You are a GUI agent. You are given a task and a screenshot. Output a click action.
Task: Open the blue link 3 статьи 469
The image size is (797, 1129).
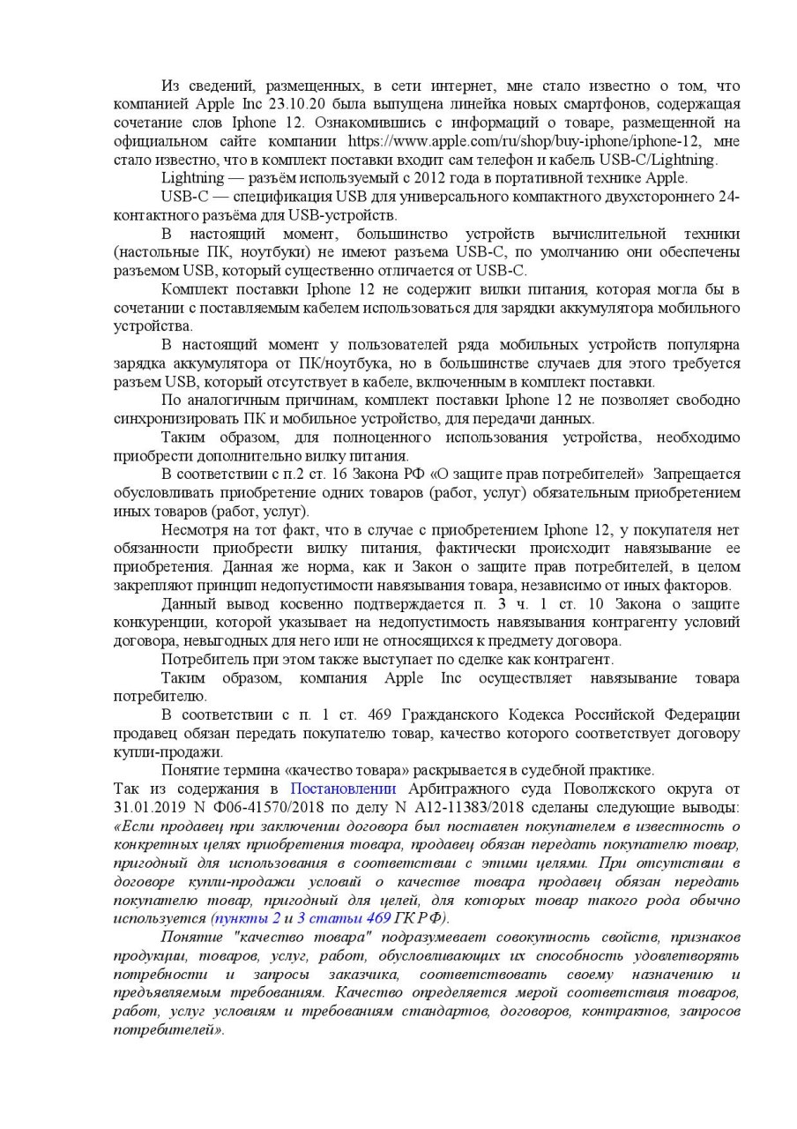pyautogui.click(x=344, y=918)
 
